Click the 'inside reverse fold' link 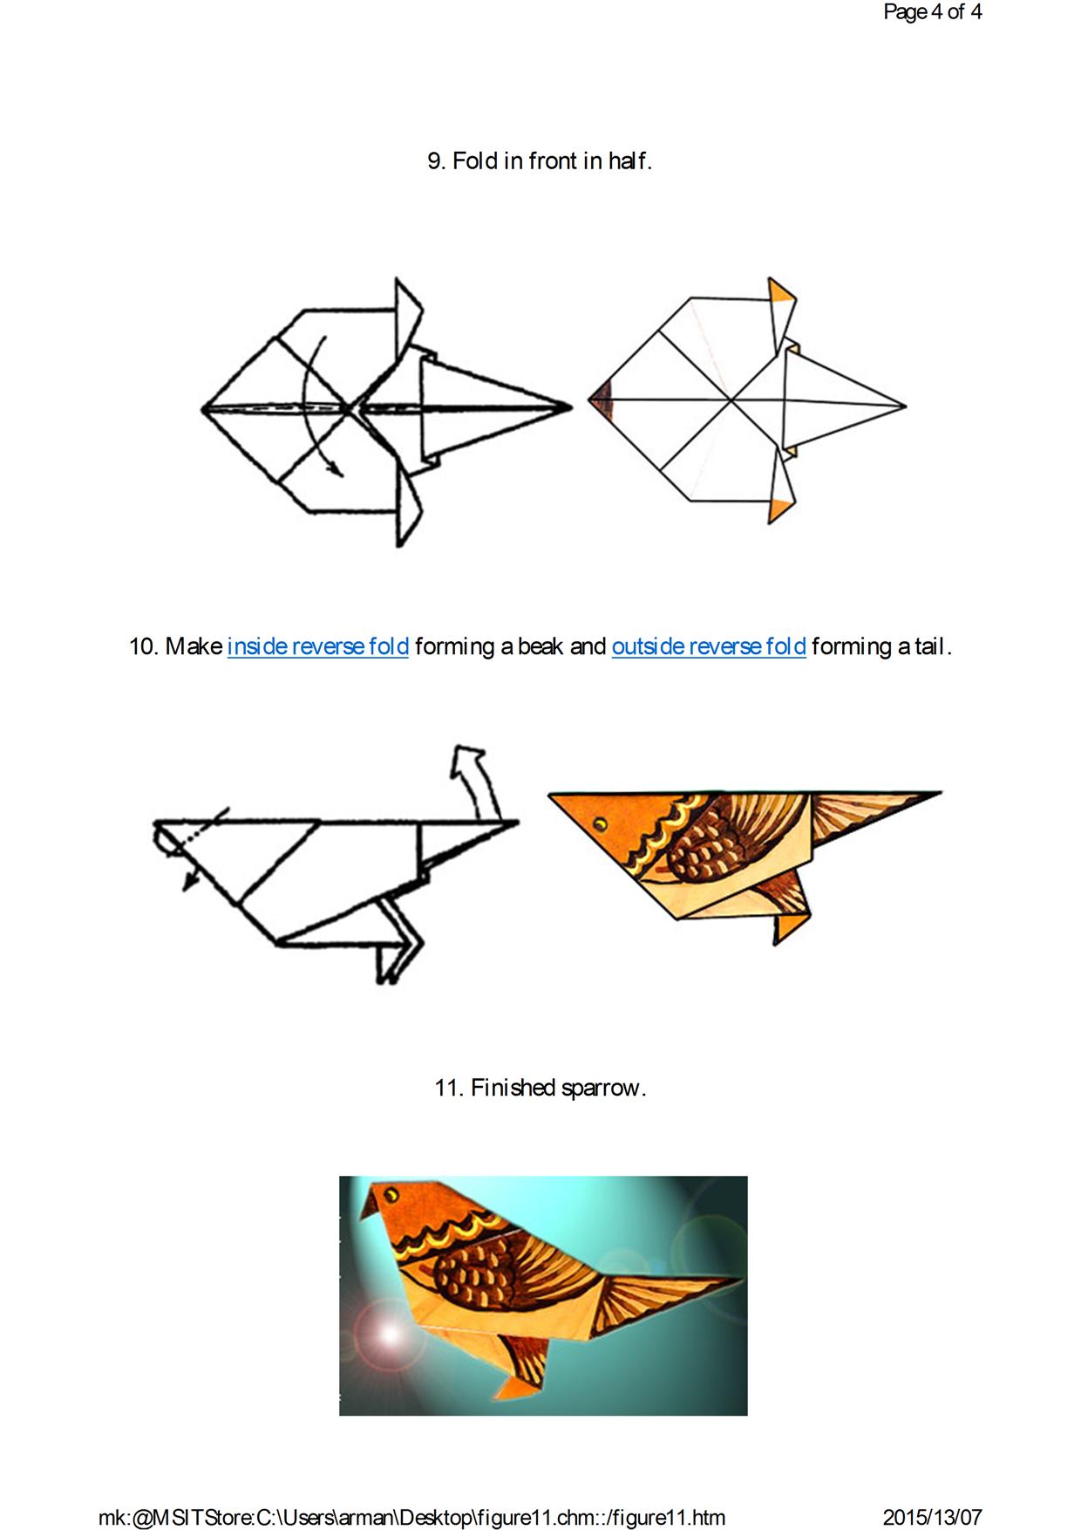coord(318,646)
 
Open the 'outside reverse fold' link coord(709,646)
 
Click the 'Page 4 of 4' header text coord(932,11)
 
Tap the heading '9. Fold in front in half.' coord(540,161)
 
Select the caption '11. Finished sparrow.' coord(540,1088)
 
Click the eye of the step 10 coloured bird coord(600,823)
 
